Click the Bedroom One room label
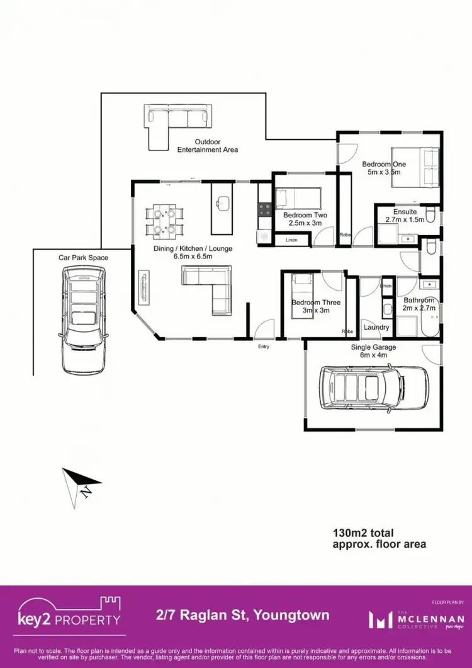click(383, 164)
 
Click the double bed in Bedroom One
click(415, 167)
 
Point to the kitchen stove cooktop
click(264, 210)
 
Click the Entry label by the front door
click(264, 347)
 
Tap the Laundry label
click(376, 328)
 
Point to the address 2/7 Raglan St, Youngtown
click(242, 615)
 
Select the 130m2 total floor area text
click(379, 538)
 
